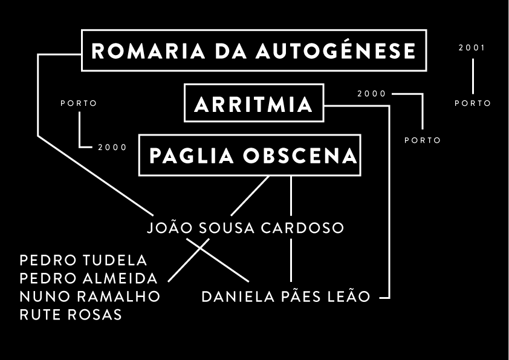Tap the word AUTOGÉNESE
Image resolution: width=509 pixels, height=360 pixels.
click(336, 51)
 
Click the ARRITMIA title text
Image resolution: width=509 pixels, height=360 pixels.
click(254, 105)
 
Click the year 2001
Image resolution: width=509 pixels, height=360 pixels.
click(472, 48)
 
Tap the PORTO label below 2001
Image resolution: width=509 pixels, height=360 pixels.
click(473, 103)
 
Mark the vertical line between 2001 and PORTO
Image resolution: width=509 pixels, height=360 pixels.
click(473, 76)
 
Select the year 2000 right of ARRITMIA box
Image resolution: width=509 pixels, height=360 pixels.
click(371, 94)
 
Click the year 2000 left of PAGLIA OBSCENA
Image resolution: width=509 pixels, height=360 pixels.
click(112, 147)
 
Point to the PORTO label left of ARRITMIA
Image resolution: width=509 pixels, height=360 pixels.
click(79, 103)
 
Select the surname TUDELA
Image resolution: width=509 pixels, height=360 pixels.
click(115, 261)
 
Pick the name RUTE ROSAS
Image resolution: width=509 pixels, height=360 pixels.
click(71, 315)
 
